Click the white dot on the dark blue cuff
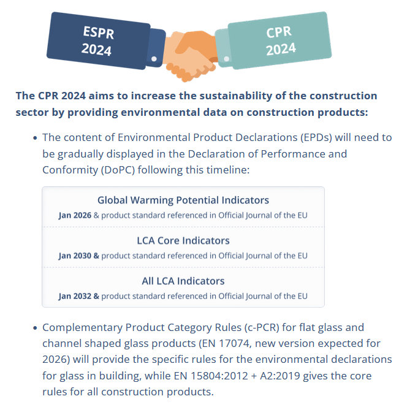tap(154, 59)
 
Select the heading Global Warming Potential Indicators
tap(183, 200)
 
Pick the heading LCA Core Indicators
tap(183, 240)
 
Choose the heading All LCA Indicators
tap(183, 281)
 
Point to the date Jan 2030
tap(75, 255)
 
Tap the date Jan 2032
tap(75, 295)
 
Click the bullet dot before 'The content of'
tap(36, 138)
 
